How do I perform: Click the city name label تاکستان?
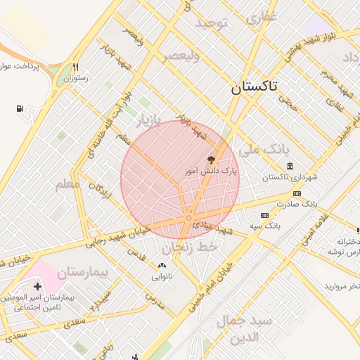click(253, 87)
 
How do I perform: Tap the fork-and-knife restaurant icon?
click(75, 67)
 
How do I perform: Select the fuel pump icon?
click(19, 109)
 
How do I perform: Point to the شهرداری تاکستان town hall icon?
click(289, 166)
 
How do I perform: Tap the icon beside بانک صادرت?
click(297, 193)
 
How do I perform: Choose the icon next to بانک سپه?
click(264, 215)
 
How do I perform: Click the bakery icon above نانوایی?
click(162, 266)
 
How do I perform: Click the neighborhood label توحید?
click(212, 25)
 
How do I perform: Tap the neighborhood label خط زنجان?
click(191, 247)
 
